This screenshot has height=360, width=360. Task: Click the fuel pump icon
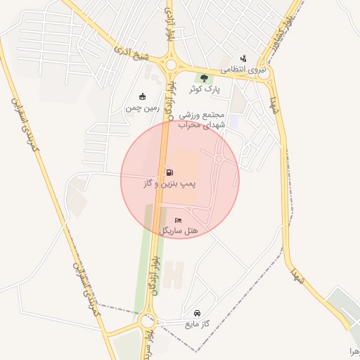pos(169,172)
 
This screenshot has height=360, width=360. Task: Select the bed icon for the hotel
pos(177,220)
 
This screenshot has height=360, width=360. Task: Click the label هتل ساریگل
pos(180,231)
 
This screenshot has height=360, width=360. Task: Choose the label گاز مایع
pos(198,324)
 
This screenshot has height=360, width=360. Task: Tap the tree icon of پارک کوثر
pos(204,78)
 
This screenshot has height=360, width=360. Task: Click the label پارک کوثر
pos(204,89)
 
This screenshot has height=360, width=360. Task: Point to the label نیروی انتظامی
pos(243,70)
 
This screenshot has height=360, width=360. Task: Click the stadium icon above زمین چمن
pos(143,97)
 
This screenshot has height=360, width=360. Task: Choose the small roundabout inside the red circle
pos(219,159)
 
